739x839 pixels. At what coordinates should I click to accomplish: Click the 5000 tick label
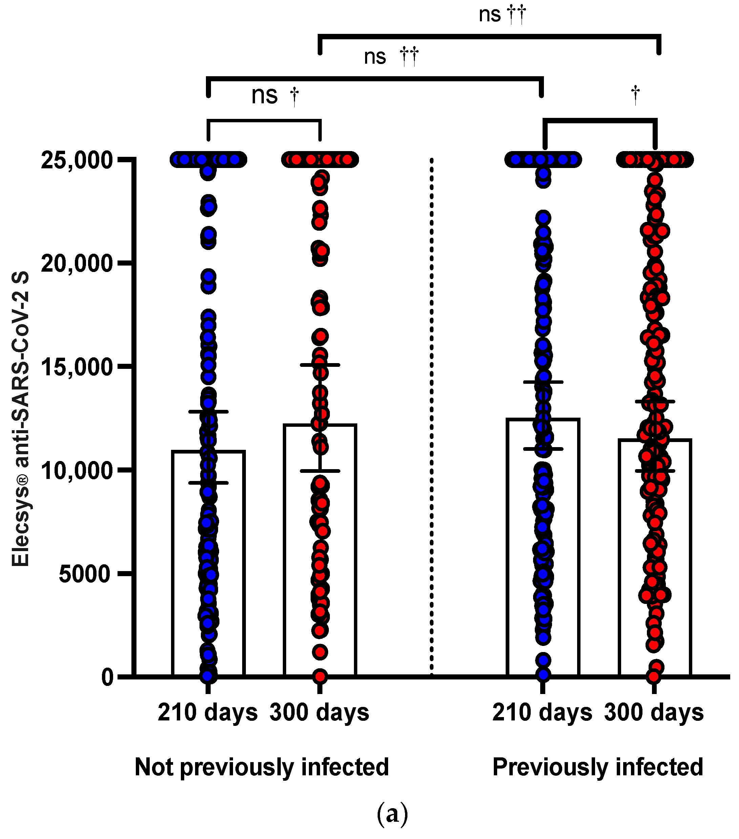coord(85,574)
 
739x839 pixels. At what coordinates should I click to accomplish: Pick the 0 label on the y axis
coord(107,677)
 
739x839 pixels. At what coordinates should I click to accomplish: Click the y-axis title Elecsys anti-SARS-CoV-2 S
coord(21,419)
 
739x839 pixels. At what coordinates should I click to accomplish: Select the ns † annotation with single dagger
coord(275,96)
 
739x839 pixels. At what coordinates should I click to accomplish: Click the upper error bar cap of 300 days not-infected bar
coord(320,364)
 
